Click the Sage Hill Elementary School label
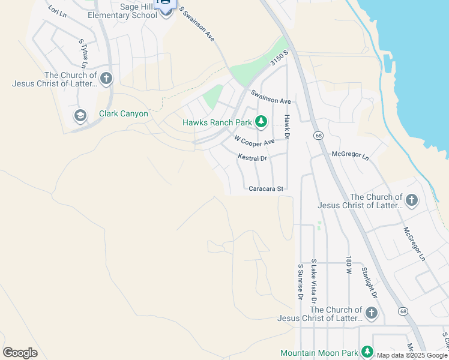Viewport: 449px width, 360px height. click(x=130, y=10)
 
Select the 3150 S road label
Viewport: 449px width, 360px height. click(x=279, y=57)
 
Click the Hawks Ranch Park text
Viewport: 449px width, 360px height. click(x=217, y=123)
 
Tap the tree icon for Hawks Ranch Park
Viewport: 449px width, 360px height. click(x=261, y=122)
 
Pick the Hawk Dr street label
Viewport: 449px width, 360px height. click(x=287, y=127)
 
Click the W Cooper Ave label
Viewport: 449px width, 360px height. click(x=254, y=142)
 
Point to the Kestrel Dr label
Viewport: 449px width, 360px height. click(x=252, y=158)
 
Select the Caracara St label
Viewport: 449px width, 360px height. click(x=265, y=188)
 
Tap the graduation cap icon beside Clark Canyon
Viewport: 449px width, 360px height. click(x=79, y=115)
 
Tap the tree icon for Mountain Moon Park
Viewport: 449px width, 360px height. click(x=367, y=352)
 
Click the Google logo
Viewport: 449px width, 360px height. click(x=20, y=353)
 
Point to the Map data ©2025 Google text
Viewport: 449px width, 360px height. click(x=412, y=355)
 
